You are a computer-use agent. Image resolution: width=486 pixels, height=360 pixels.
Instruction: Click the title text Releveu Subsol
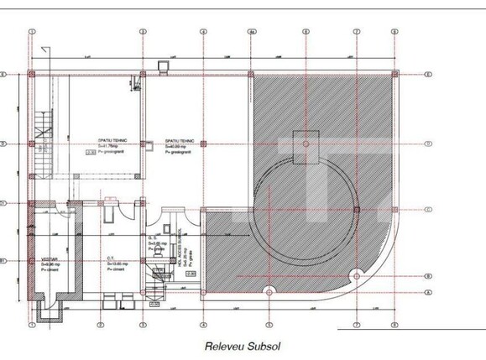[243, 345]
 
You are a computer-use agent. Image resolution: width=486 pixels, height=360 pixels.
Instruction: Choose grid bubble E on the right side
[428, 75]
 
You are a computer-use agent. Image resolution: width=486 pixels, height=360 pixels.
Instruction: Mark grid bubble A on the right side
[428, 292]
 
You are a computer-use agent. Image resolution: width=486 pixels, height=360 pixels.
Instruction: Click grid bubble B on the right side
[428, 275]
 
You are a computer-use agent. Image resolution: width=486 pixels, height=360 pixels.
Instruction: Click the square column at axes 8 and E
[395, 75]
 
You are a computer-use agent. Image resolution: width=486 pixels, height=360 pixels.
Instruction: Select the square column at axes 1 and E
[32, 75]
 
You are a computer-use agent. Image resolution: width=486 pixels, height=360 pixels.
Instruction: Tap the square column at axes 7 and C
[356, 209]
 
